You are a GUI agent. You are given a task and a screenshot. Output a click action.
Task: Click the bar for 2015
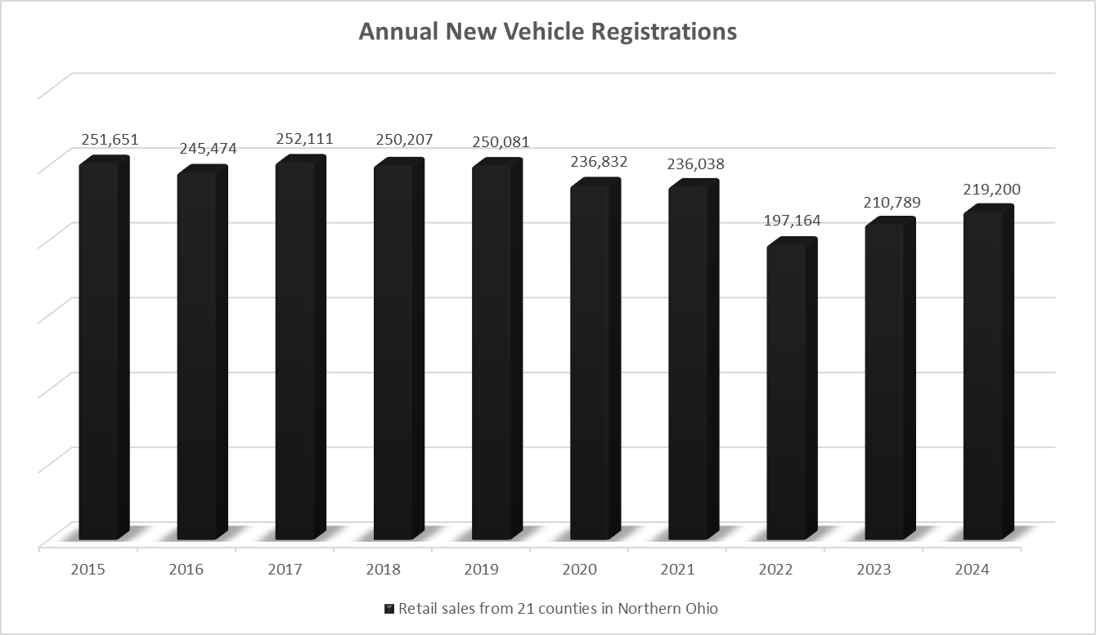click(x=99, y=351)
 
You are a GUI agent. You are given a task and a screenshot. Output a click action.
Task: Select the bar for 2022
click(x=787, y=392)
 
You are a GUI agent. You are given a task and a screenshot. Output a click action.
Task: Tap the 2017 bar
click(x=295, y=351)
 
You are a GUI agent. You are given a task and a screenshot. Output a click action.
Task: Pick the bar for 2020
click(x=590, y=364)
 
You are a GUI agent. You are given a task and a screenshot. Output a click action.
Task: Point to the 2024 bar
click(x=983, y=376)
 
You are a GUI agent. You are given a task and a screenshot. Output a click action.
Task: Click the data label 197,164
click(x=793, y=221)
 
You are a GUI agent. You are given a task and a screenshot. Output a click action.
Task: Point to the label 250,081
click(x=501, y=142)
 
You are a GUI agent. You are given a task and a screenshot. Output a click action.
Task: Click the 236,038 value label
click(x=696, y=164)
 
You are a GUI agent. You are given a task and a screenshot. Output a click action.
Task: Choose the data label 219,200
click(x=991, y=190)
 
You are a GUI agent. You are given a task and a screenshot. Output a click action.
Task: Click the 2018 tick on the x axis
click(x=382, y=570)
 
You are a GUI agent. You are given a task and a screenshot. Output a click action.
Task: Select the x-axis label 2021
click(x=677, y=570)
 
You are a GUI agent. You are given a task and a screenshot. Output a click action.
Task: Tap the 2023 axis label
click(x=874, y=570)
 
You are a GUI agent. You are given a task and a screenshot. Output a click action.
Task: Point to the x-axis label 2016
click(x=186, y=570)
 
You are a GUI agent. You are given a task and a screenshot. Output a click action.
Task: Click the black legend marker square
click(x=389, y=609)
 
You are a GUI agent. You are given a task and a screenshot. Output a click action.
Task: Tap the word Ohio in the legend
click(x=701, y=609)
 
